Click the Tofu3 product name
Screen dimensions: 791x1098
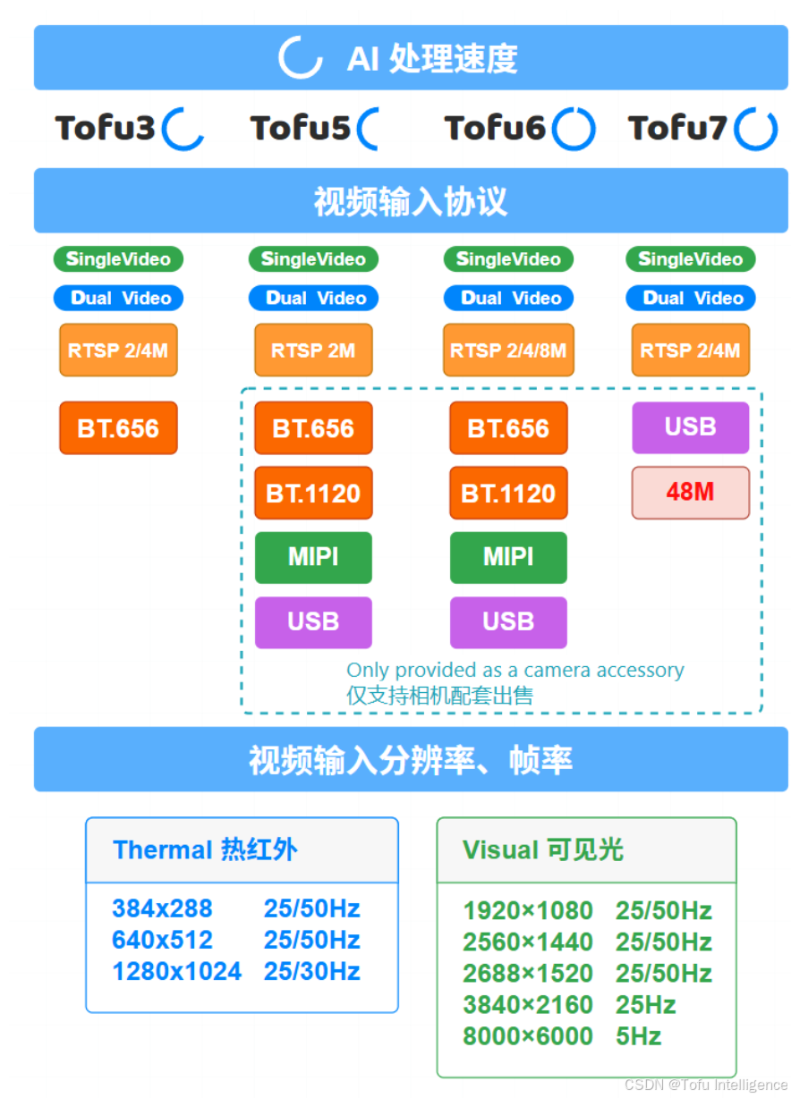pos(106,129)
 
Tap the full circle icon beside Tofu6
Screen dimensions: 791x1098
pos(574,130)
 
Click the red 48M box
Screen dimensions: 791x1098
pos(690,492)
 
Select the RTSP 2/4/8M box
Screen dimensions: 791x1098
pos(508,351)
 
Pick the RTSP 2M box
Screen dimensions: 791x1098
pos(313,351)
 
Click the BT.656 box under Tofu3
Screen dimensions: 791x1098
pos(118,428)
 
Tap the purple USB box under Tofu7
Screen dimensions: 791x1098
pos(690,427)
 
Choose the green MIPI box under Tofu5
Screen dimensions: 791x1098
pos(313,557)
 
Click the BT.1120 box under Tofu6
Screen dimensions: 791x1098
pos(508,493)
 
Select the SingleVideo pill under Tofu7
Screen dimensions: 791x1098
pos(690,259)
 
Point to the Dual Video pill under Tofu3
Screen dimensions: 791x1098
pos(118,298)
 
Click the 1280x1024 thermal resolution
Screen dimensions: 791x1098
pos(177,971)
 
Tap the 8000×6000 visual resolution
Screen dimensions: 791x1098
pos(528,1036)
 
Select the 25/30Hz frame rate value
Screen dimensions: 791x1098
pos(311,971)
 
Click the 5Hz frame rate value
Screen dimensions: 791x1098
pos(638,1036)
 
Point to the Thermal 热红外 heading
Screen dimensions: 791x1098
pos(205,849)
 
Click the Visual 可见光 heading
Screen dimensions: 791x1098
pos(543,849)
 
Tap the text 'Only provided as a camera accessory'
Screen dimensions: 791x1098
pos(515,670)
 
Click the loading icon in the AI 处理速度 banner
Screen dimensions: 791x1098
pos(300,58)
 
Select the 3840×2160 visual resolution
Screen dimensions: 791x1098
pos(528,1005)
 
